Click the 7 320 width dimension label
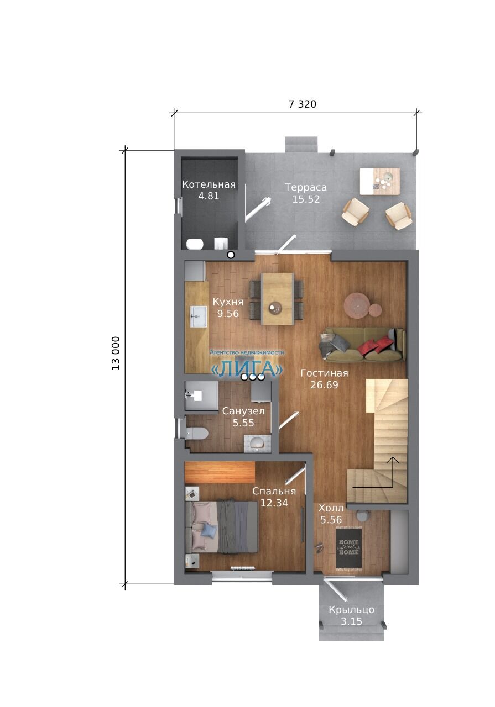click(x=302, y=104)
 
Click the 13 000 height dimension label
click(x=116, y=353)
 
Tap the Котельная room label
click(x=209, y=184)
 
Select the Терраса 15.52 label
click(x=306, y=193)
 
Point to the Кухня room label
click(x=228, y=302)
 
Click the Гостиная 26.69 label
click(x=324, y=379)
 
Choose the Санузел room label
click(x=243, y=411)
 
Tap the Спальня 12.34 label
click(x=274, y=497)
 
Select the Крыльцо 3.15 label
click(x=352, y=615)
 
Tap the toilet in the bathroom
click(x=196, y=434)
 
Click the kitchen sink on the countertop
click(x=198, y=316)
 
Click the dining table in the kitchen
click(x=278, y=299)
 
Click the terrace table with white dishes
click(x=379, y=181)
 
